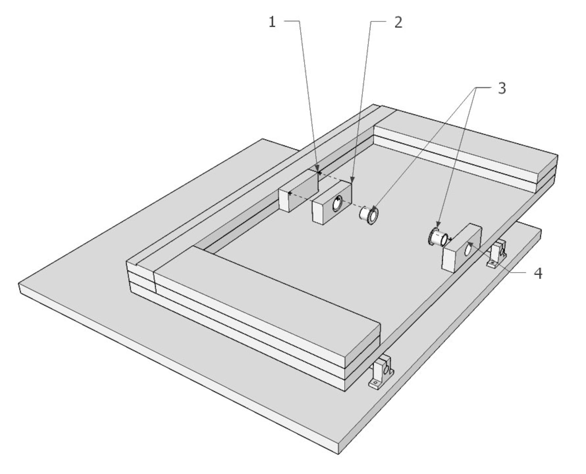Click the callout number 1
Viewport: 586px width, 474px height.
[x=272, y=23]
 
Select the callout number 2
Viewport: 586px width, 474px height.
[x=398, y=23]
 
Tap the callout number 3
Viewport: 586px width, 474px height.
[x=502, y=89]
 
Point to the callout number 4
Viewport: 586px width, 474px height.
[x=538, y=274]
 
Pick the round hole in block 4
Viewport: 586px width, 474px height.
[x=468, y=249]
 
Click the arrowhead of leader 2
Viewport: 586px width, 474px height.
[x=352, y=182]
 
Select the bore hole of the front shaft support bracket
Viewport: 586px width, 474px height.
[x=387, y=370]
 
